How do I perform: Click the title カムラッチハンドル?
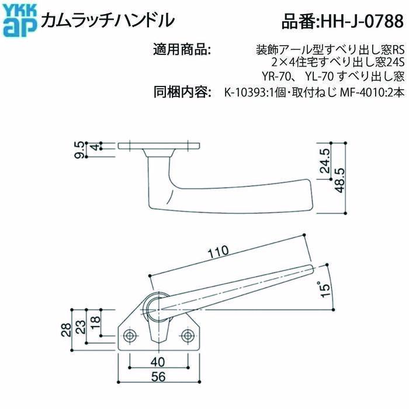pos(107,19)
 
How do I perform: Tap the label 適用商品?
pos(182,48)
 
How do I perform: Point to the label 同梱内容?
pos(182,92)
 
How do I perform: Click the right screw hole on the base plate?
pos(187,335)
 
